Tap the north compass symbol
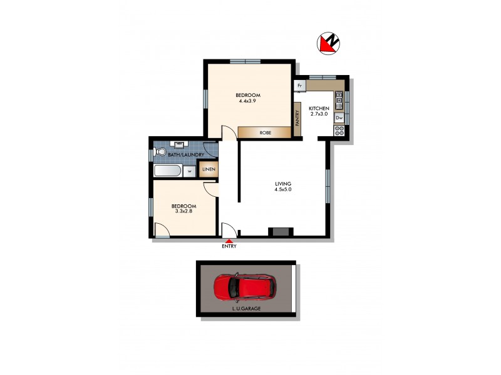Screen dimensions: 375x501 click(328, 42)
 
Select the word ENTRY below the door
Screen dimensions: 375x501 click(229, 246)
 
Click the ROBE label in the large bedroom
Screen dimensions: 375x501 click(265, 132)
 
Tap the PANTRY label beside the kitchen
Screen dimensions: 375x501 click(297, 117)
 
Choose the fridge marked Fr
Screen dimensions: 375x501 click(300, 85)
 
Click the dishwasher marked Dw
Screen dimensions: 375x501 click(339, 117)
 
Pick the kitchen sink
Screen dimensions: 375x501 click(339, 98)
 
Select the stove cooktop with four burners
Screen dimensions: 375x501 click(339, 131)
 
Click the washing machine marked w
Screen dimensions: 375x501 click(189, 171)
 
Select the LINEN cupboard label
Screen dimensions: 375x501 click(207, 169)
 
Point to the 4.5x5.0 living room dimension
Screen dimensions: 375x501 click(284, 189)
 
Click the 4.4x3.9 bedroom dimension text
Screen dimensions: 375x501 click(248, 101)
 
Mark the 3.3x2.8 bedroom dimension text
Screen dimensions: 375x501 click(184, 212)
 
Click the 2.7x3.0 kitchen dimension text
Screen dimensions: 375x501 click(319, 114)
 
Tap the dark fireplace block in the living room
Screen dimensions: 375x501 click(280, 232)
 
